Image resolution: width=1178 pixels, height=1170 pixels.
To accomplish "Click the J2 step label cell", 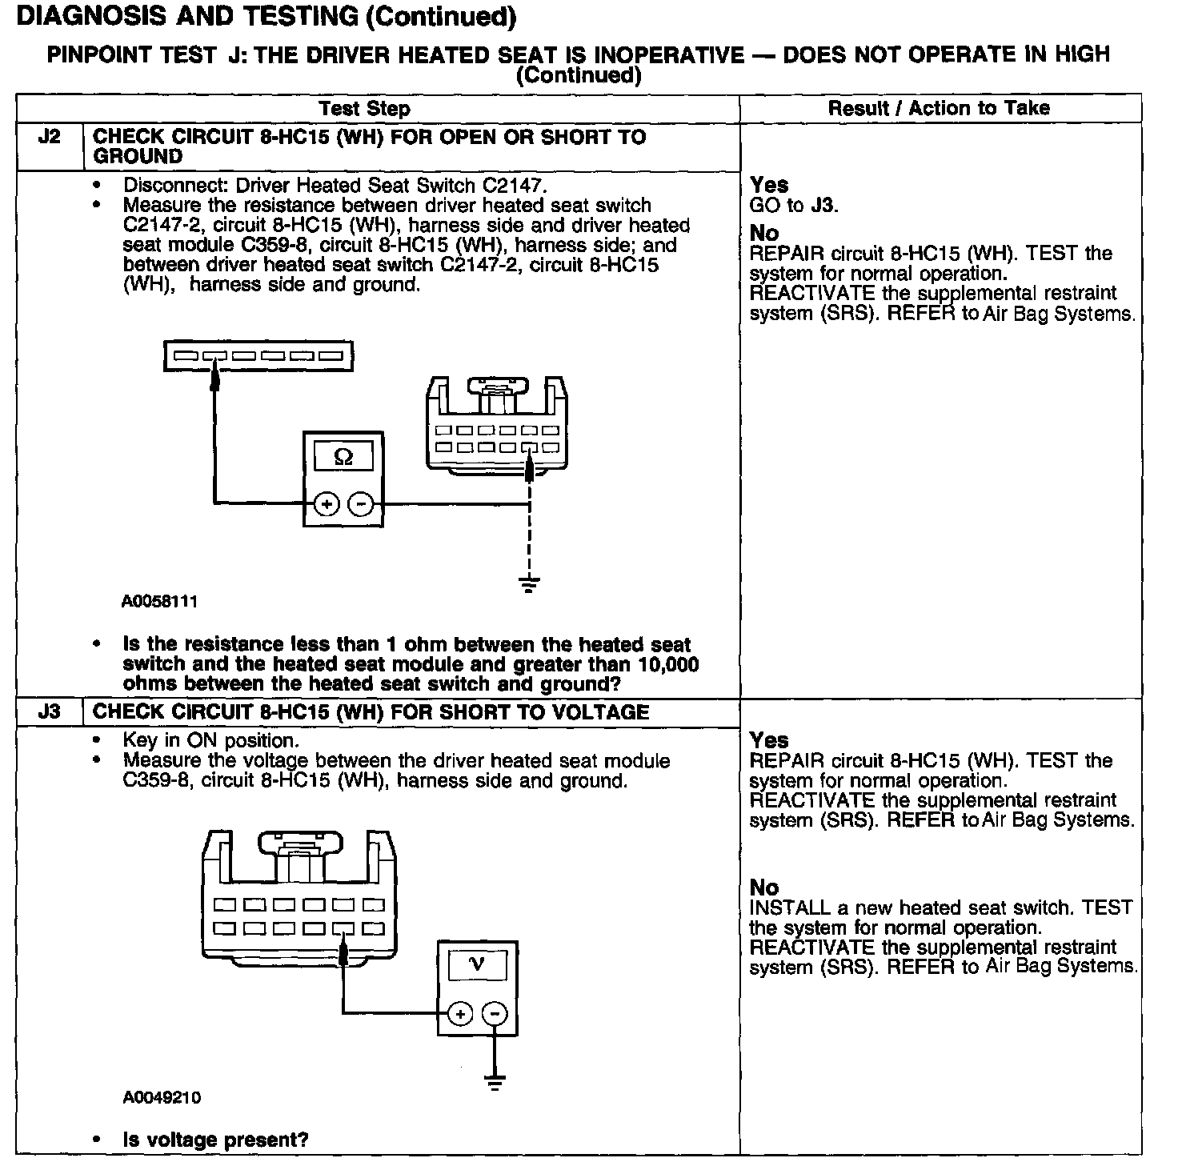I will (50, 137).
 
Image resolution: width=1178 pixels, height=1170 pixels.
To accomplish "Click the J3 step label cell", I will (50, 711).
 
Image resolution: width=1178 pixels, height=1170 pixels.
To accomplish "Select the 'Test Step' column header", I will (364, 109).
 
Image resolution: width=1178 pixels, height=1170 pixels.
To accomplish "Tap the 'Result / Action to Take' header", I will (938, 108).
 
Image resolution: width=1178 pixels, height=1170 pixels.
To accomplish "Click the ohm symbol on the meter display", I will (343, 457).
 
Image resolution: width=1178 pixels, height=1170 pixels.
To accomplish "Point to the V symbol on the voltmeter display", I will (477, 964).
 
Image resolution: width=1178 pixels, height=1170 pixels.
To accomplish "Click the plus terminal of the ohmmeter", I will (327, 503).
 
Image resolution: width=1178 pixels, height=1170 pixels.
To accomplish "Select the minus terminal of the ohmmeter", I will (361, 503).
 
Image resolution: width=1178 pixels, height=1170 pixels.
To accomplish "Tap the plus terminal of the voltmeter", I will (460, 1014).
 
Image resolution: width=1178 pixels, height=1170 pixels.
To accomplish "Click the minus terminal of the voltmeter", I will (495, 1014).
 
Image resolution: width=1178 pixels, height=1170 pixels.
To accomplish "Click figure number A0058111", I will (159, 601).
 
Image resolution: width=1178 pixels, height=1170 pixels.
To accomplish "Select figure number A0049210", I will (161, 1097).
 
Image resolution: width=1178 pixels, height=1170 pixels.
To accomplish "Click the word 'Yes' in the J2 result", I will (769, 186).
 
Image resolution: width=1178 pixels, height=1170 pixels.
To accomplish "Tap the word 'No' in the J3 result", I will (764, 888).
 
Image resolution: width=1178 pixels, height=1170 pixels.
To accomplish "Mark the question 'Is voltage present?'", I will (215, 1140).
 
